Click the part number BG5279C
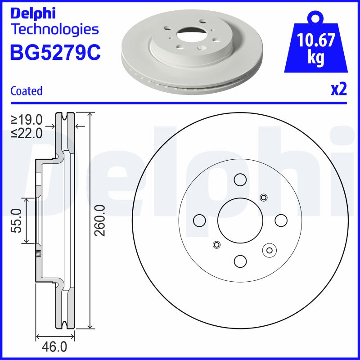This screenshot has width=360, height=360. click(55, 52)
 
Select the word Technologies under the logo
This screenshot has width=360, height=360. click(54, 30)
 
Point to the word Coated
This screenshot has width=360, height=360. click(26, 91)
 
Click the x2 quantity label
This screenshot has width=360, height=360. click(339, 90)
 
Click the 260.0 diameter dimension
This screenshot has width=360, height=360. click(100, 220)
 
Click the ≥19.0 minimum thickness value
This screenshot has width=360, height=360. click(27, 120)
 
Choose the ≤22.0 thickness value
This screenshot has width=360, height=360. click(27, 133)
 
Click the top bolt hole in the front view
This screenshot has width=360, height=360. click(240, 180)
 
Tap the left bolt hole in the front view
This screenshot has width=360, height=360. click(199, 220)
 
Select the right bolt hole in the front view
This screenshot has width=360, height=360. click(281, 220)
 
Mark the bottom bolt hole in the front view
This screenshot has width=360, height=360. click(240, 261)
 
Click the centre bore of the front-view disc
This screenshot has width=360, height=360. click(240, 220)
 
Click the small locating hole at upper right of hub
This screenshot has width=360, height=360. click(264, 197)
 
